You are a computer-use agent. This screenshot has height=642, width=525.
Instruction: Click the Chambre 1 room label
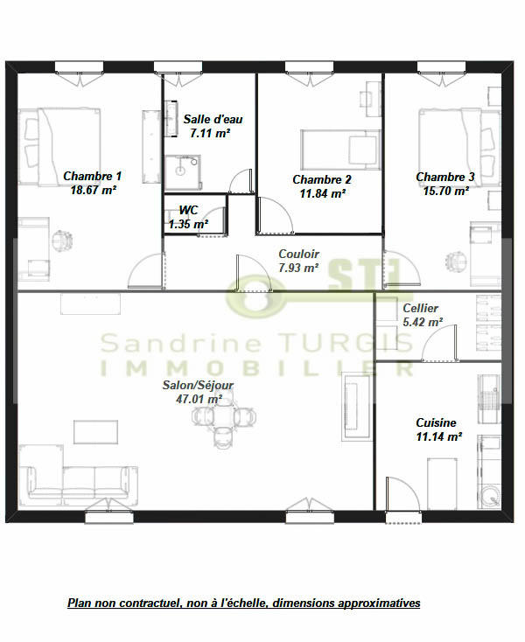(x=92, y=176)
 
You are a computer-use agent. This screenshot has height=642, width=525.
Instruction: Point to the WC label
(x=188, y=211)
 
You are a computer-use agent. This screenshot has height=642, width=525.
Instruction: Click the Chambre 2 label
(x=321, y=180)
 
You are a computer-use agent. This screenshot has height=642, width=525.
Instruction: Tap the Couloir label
(x=298, y=255)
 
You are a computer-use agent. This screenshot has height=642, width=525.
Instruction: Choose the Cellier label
(x=421, y=309)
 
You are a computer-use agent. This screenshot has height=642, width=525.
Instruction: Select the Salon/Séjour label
(x=199, y=385)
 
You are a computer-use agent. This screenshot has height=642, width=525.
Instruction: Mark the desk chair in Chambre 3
(x=456, y=261)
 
